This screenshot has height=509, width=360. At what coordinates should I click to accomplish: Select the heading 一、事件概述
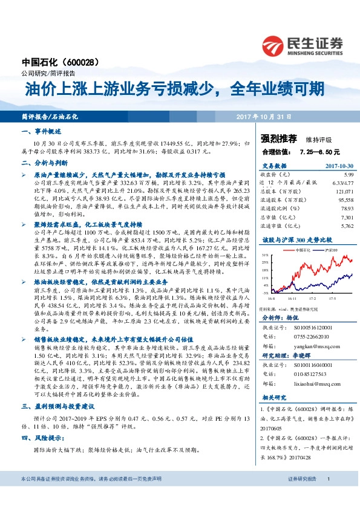(x=42, y=131)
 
